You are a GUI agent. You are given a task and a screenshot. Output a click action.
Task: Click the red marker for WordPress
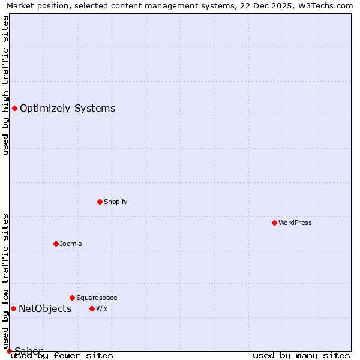tap(274, 223)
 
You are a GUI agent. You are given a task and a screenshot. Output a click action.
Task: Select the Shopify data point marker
tap(100, 202)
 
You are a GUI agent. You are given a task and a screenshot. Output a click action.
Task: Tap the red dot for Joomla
tap(56, 244)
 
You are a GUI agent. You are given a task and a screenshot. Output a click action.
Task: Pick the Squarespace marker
tap(72, 298)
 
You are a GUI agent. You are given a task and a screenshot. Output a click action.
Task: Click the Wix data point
tap(92, 308)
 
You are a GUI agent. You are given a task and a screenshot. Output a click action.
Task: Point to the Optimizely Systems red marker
tap(14, 108)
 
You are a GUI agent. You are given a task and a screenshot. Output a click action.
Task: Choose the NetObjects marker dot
tap(13, 308)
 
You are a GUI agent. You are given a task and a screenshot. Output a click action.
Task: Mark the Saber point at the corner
tap(9, 351)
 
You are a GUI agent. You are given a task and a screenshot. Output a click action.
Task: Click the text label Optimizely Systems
tap(67, 109)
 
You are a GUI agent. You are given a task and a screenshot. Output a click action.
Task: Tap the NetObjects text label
tap(45, 309)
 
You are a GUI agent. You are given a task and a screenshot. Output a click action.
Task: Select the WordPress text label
tap(295, 223)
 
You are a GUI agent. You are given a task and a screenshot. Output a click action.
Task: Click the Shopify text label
tap(115, 202)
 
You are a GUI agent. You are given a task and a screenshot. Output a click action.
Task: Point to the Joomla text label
tap(71, 244)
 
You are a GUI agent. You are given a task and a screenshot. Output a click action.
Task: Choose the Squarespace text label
tap(97, 298)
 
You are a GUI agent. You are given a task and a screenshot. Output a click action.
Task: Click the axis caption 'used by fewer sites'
tap(62, 356)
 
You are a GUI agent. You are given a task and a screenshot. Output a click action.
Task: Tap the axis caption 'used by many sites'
tap(301, 356)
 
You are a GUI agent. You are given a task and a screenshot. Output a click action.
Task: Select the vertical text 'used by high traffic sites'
tap(5, 85)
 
